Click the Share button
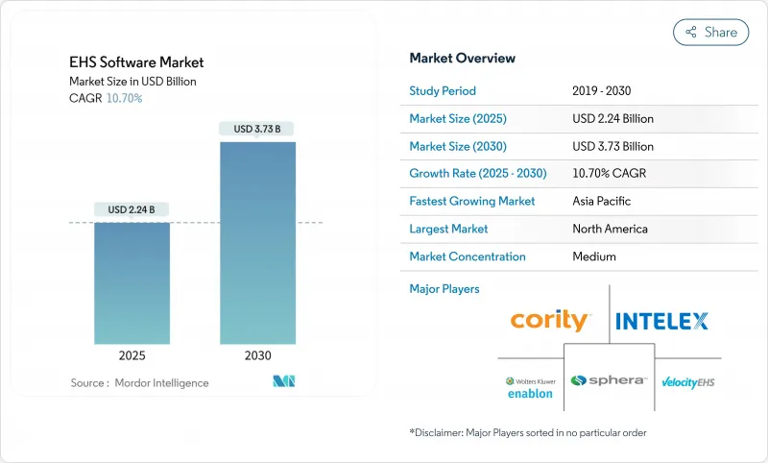711,32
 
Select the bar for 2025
132,283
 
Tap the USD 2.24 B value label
132,209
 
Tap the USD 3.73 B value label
257,129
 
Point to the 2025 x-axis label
132,355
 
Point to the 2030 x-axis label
257,355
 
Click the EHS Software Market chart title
136,62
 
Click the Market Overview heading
462,58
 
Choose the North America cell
610,229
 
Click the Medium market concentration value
593,256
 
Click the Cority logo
551,321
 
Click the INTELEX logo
661,321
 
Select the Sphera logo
608,380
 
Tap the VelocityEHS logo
687,382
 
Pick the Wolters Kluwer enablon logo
529,387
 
